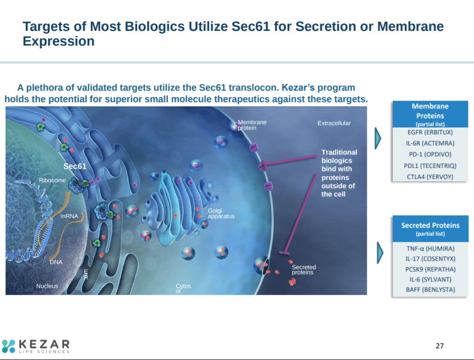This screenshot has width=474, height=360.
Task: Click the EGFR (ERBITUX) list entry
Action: [430, 132]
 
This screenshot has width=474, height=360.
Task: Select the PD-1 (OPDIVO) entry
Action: [430, 154]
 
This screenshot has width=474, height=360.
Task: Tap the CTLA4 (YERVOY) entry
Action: [430, 177]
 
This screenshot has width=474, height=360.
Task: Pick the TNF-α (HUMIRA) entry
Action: [430, 249]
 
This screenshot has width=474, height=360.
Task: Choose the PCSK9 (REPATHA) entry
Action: [430, 269]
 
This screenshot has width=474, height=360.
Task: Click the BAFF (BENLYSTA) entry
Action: [430, 290]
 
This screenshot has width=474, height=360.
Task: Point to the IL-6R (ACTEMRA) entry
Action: [430, 143]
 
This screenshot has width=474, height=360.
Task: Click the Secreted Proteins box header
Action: [430, 229]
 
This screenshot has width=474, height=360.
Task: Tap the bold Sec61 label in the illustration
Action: [74, 166]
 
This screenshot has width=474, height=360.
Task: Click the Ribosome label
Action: [52, 180]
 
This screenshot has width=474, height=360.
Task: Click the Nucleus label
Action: [47, 286]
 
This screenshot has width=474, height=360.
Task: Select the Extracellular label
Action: [334, 123]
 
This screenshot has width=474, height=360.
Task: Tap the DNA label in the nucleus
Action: [56, 262]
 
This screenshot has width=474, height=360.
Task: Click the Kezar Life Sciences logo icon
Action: [8, 346]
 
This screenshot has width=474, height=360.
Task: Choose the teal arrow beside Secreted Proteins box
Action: [380, 251]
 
